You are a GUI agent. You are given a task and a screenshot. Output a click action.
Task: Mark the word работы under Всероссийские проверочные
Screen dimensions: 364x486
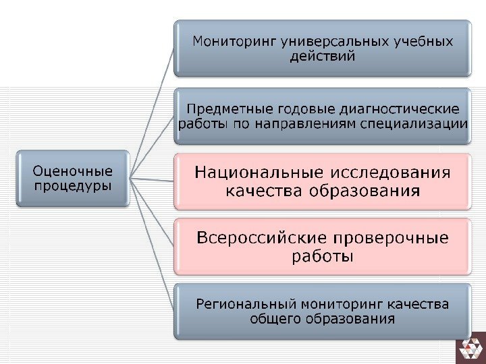click(322, 257)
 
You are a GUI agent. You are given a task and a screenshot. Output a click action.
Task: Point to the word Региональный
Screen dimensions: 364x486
click(247, 304)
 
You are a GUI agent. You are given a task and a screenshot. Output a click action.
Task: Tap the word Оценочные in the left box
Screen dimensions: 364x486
click(73, 171)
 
